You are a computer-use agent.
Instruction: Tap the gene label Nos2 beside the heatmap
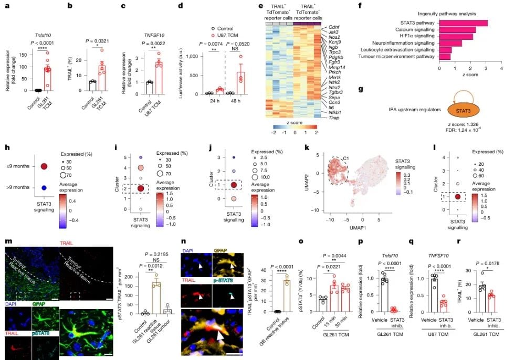click(x=333, y=38)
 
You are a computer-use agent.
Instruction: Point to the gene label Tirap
click(x=333, y=118)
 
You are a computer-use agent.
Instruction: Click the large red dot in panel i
click(x=141, y=189)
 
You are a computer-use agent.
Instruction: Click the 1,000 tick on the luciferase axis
click(x=192, y=56)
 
